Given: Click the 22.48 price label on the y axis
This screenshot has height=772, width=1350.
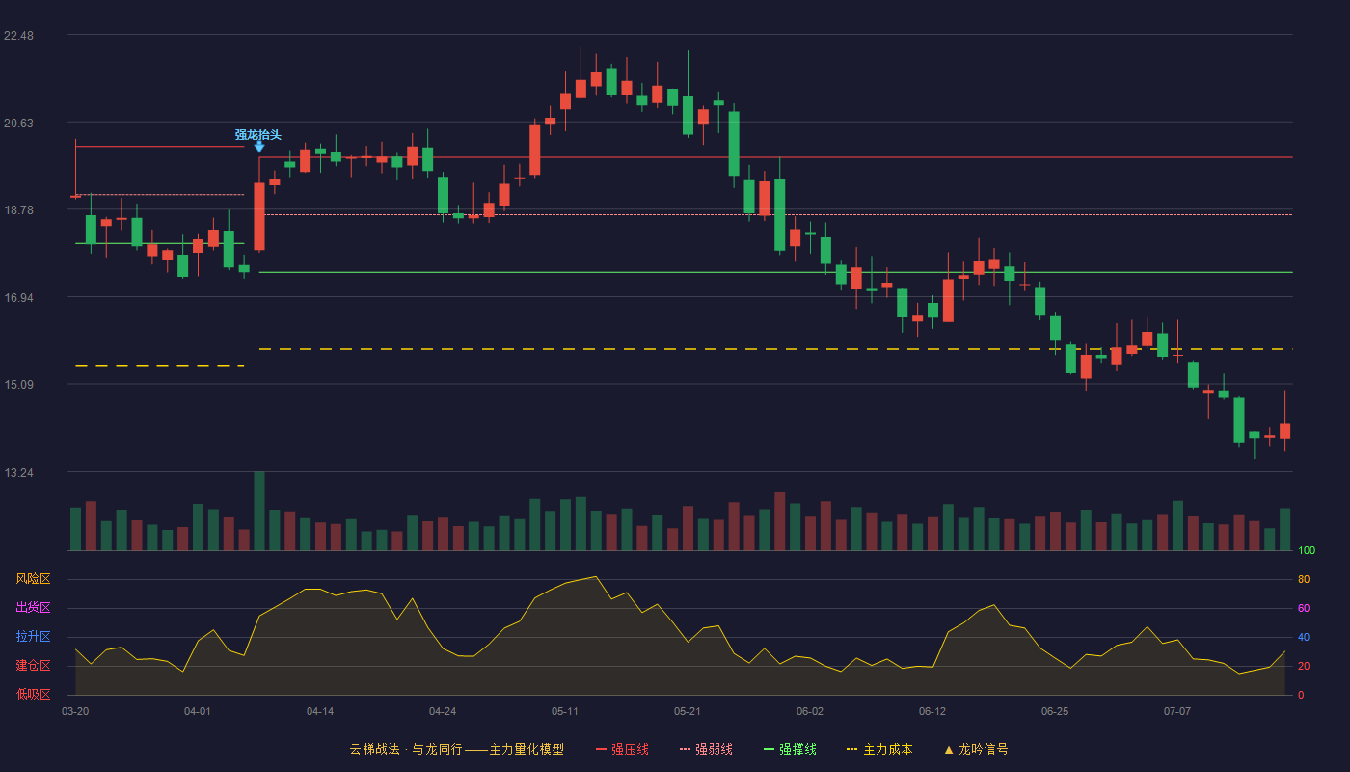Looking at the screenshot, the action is click(x=18, y=36).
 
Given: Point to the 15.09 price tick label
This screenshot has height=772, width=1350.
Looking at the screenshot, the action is click(x=18, y=385).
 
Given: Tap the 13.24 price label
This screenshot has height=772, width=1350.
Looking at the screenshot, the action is click(x=18, y=472).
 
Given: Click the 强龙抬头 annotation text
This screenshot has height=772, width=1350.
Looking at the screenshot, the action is click(x=258, y=134).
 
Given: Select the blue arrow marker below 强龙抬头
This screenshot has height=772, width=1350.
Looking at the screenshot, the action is click(x=259, y=147).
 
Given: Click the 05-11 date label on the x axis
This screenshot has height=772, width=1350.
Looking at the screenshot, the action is click(x=565, y=712).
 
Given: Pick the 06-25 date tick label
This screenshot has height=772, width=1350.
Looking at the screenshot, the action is click(x=1055, y=712).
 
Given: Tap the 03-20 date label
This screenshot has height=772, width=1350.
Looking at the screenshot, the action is click(x=75, y=712).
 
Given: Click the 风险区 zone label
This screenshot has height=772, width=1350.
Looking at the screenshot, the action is click(x=33, y=578).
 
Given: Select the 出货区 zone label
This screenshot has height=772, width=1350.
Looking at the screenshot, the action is click(x=33, y=607).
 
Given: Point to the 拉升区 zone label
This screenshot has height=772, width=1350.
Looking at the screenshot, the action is click(x=33, y=636).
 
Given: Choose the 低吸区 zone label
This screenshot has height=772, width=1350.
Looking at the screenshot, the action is click(x=33, y=694).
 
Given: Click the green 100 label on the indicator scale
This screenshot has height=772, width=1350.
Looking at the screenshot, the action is click(x=1307, y=550).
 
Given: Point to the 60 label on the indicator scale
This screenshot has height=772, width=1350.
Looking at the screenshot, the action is click(x=1304, y=608).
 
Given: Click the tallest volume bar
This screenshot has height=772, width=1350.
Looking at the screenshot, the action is click(x=259, y=510).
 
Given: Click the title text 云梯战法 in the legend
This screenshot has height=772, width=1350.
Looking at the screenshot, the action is click(x=375, y=749).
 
